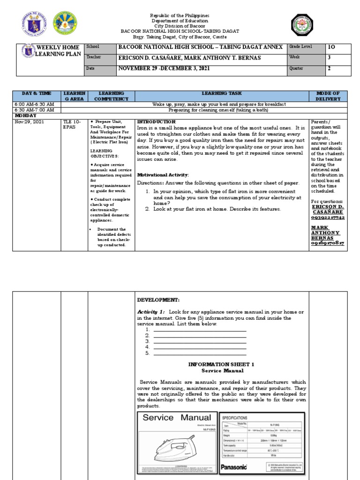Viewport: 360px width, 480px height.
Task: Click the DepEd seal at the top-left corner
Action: (x=32, y=24)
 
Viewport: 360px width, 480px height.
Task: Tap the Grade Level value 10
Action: (x=332, y=47)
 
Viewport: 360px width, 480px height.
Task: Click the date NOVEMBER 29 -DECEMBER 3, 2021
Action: (x=164, y=68)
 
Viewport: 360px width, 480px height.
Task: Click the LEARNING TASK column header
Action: (x=222, y=94)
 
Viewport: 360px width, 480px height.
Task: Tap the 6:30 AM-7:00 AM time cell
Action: (x=35, y=110)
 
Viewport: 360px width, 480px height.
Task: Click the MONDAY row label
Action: (x=25, y=115)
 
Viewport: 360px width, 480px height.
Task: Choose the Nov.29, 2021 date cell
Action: (x=29, y=121)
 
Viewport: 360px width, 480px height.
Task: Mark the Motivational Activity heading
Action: (x=162, y=174)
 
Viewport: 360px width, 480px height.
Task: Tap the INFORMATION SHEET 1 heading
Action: (x=221, y=364)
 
